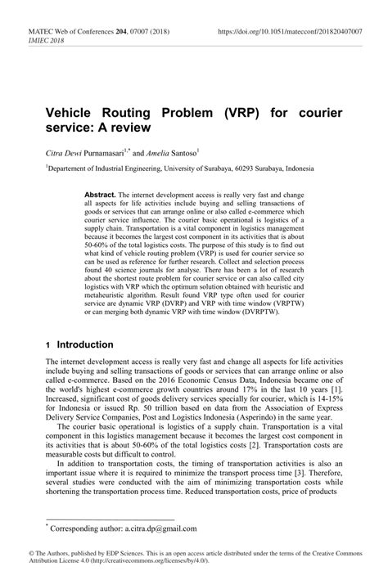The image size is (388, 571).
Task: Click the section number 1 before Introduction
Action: click(x=49, y=346)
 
